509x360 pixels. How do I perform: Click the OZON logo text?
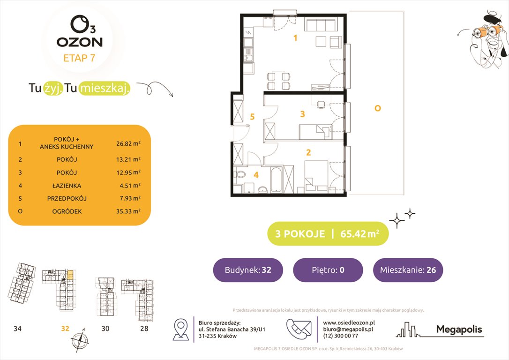pos(79,42)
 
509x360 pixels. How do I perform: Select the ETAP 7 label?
pos(79,59)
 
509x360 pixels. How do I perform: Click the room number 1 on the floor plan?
pos(295,38)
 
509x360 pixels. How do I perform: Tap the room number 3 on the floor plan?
pos(303,114)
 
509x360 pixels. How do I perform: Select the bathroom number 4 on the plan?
pos(256,175)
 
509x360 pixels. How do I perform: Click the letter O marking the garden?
pos(377,108)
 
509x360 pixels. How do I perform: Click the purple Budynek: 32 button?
pos(248,270)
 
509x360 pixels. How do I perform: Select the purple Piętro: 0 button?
pos(328,270)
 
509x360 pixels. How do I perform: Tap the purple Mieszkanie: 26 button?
pos(407,270)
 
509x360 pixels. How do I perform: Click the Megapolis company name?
pos(459,330)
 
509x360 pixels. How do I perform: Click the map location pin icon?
pos(181,330)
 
